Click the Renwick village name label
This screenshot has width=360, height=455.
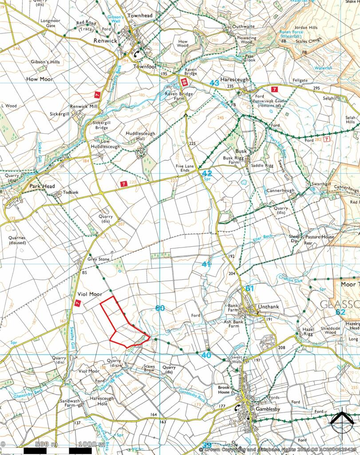point(105,40)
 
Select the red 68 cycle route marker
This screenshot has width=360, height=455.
point(184,82)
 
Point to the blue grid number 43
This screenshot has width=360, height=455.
point(214,83)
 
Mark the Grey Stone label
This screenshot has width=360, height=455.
point(98,259)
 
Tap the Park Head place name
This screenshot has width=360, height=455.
point(42,186)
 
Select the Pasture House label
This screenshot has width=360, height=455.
point(322,237)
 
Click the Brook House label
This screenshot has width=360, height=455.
point(224,390)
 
